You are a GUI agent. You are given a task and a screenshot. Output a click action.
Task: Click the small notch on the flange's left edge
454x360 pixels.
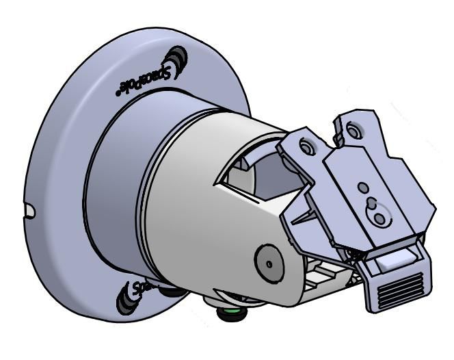[x=28, y=209]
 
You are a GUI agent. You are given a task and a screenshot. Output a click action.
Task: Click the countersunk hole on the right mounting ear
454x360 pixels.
[x=353, y=129]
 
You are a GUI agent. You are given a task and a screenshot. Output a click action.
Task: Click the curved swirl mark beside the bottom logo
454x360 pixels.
[x=125, y=301]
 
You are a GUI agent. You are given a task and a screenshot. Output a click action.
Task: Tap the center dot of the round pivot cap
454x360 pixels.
[x=267, y=262]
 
